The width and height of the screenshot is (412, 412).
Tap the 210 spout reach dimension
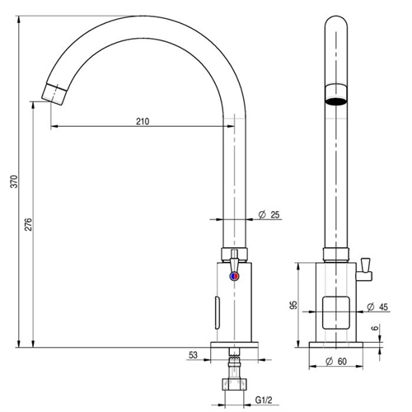[x=143, y=120]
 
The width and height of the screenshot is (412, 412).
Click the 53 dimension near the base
[x=194, y=356]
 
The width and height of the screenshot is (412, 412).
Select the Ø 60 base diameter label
[x=339, y=361]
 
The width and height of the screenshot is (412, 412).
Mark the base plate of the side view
[x=236, y=345]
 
